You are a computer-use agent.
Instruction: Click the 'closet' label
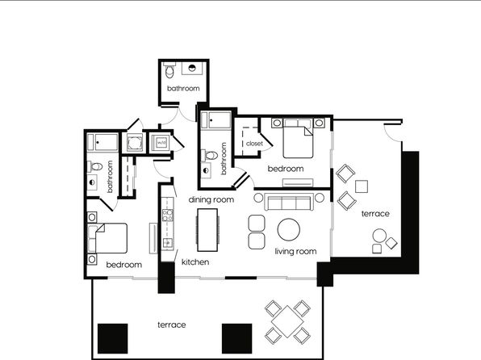(254, 144)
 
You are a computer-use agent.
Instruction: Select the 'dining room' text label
(211, 200)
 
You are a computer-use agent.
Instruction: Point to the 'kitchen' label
(195, 262)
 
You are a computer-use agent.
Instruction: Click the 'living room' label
(295, 252)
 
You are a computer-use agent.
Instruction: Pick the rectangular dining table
(207, 230)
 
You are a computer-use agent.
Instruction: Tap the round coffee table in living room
(289, 229)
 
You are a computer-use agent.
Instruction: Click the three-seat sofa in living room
(289, 202)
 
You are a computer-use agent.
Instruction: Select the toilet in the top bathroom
(169, 70)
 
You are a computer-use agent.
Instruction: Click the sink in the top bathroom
(192, 68)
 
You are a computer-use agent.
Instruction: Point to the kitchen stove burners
(168, 215)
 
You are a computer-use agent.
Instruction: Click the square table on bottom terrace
(287, 321)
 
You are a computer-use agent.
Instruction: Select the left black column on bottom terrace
(112, 338)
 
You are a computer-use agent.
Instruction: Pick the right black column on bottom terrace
(236, 338)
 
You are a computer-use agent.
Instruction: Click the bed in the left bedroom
(107, 238)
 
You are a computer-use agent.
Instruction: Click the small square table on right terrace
(362, 186)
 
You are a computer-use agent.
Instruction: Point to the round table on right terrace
(379, 236)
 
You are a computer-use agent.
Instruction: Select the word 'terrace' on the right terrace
(375, 214)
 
